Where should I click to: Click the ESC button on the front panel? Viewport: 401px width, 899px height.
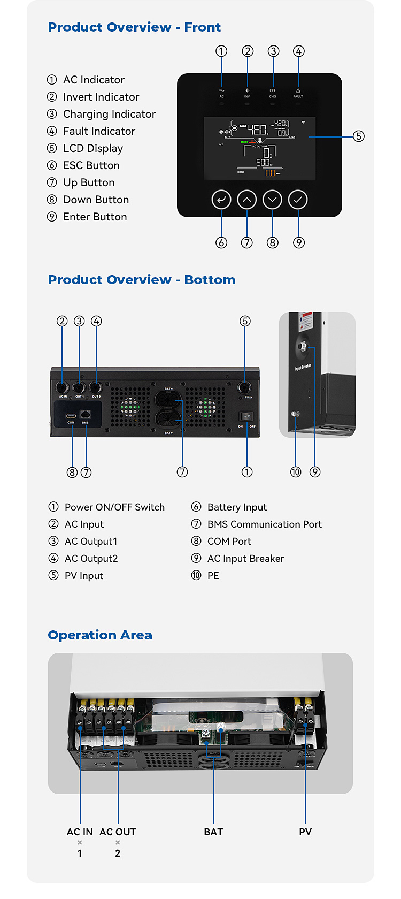[221, 200]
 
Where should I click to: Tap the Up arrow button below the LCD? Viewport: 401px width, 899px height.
[247, 200]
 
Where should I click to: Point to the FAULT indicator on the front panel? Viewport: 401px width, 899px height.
[298, 92]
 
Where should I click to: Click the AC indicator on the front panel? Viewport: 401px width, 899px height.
[221, 92]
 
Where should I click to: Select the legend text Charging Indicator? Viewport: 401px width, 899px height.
[109, 114]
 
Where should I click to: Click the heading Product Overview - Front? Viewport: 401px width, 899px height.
[134, 27]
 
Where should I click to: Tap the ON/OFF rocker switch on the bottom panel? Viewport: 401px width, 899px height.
[246, 416]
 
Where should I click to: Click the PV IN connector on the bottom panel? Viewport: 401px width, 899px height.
[245, 387]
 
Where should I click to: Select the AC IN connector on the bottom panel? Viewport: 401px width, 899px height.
[62, 387]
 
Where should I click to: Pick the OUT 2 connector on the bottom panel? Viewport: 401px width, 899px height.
[96, 387]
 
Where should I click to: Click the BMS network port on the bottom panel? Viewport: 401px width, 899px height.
[86, 415]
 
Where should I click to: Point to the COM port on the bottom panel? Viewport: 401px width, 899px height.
[71, 416]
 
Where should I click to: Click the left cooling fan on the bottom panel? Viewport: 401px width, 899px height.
[130, 407]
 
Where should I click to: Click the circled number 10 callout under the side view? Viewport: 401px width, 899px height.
[296, 472]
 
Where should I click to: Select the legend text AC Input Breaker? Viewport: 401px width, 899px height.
[245, 559]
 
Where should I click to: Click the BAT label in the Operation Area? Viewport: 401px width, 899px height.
[213, 832]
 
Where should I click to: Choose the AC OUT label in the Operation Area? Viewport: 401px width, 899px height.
[118, 832]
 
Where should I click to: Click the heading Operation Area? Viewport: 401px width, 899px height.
[100, 635]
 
